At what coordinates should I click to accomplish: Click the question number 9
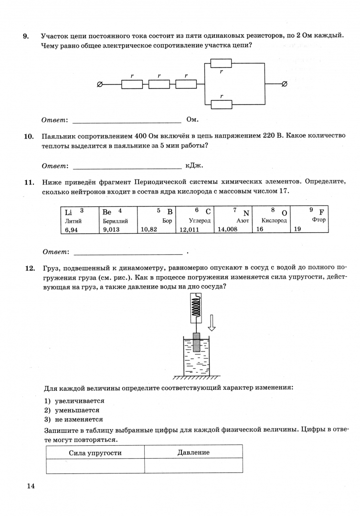coord(26,36)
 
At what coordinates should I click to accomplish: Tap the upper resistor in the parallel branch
coord(221,63)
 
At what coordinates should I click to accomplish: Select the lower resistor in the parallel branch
coord(221,104)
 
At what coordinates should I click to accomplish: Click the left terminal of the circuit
coord(99,84)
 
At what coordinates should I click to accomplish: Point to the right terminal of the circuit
coord(285,84)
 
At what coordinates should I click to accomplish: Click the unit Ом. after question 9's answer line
coord(192,119)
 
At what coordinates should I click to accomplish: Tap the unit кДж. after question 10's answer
coord(194,166)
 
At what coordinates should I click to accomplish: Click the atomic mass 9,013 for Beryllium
coord(111,229)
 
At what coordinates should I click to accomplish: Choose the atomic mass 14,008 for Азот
coord(227,229)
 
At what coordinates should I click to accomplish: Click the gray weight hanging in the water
coord(196,342)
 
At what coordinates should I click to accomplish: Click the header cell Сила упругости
coord(95,452)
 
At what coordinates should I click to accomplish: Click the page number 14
coord(31,486)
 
